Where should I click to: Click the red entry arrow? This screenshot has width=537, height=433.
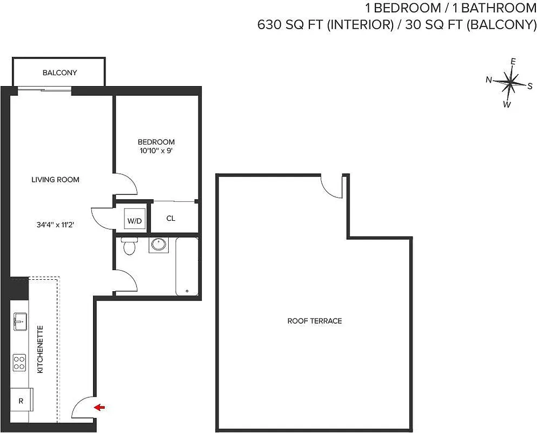click(99, 407)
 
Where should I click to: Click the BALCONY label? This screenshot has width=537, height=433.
click(59, 73)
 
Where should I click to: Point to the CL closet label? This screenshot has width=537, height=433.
click(171, 219)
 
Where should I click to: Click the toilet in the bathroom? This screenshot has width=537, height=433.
click(129, 246)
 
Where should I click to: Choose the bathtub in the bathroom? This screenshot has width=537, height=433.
click(187, 266)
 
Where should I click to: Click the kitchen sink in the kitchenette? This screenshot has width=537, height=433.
click(20, 322)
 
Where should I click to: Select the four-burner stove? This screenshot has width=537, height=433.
click(19, 362)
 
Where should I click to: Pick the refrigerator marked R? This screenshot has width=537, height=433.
click(21, 401)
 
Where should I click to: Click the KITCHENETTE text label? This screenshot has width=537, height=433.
click(41, 355)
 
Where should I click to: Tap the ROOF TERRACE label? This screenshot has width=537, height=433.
click(314, 321)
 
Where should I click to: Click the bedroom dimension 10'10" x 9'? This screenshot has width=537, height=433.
click(156, 151)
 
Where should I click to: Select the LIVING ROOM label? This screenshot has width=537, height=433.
click(55, 180)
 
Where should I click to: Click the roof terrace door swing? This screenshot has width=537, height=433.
click(332, 187)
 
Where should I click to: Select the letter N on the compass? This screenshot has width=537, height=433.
click(488, 80)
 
